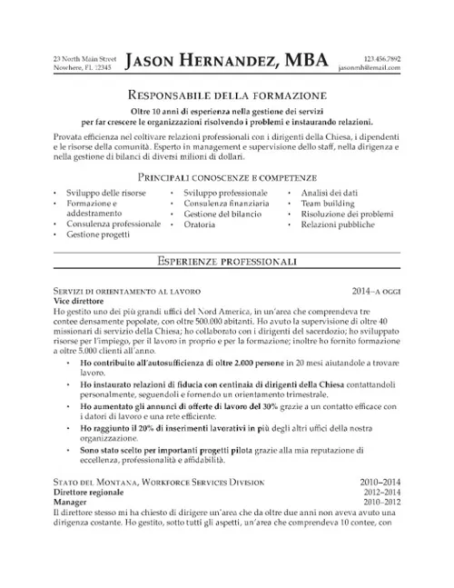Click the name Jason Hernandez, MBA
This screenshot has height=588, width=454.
click(x=227, y=61)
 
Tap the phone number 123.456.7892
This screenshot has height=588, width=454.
click(x=381, y=57)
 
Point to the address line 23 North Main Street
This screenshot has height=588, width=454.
click(x=85, y=57)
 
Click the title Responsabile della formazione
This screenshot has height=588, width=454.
click(x=226, y=95)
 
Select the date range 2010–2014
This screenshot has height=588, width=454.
click(x=381, y=482)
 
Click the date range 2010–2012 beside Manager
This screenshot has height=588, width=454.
click(x=381, y=502)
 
